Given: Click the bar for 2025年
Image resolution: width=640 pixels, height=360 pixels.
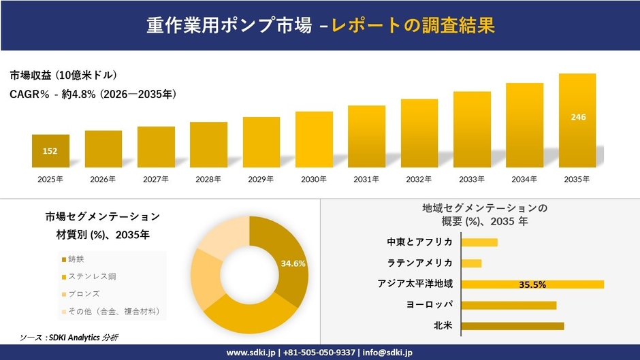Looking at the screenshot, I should (x=50, y=151).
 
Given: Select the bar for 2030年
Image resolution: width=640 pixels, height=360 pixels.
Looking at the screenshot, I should (x=314, y=140).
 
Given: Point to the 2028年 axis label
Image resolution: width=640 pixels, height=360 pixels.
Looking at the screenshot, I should (x=208, y=179).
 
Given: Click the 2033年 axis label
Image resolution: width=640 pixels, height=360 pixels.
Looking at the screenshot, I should (x=472, y=179).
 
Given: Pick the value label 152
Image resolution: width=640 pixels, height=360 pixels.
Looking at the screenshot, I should (x=50, y=151).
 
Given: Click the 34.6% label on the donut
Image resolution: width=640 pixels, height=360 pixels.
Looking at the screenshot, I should (x=293, y=263).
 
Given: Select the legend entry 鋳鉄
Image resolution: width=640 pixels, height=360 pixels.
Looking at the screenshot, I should (x=76, y=259).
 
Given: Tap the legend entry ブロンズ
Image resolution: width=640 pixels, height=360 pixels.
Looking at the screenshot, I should (x=84, y=294).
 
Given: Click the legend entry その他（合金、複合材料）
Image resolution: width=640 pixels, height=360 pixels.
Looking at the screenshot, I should (x=113, y=312).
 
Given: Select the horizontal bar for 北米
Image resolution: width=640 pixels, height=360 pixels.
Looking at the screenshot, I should (x=512, y=326).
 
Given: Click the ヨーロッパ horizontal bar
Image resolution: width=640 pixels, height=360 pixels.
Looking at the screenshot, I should (x=509, y=305).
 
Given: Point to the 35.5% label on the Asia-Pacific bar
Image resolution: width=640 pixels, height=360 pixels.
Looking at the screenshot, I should (x=532, y=284).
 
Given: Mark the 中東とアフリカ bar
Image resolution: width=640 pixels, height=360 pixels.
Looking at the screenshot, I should (x=479, y=242).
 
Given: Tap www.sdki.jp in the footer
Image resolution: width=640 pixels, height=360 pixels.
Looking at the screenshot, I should (x=251, y=353).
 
